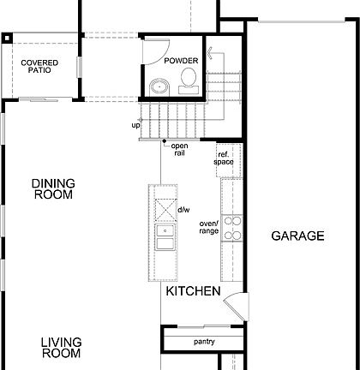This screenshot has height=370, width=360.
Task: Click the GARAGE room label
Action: pyautogui.click(x=298, y=236)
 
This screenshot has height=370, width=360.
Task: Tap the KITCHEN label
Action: pyautogui.click(x=193, y=292)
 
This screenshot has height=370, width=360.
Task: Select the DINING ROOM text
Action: pyautogui.click(x=53, y=188)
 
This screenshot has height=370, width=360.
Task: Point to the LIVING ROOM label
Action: pyautogui.click(x=61, y=347)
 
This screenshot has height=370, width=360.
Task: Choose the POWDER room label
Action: pyautogui.click(x=181, y=62)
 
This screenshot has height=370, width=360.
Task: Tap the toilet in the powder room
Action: pyautogui.click(x=189, y=81)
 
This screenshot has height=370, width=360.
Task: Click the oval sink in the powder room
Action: pyautogui.click(x=159, y=86)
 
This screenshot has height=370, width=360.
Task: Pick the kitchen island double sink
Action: pyautogui.click(x=163, y=236)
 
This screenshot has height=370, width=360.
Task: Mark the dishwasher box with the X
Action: pyautogui.click(x=163, y=208)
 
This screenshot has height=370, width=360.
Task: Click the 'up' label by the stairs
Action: pyautogui.click(x=135, y=125)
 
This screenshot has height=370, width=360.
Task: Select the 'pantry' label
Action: pyautogui.click(x=204, y=343)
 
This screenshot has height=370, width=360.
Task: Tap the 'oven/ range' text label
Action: pyautogui.click(x=209, y=227)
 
